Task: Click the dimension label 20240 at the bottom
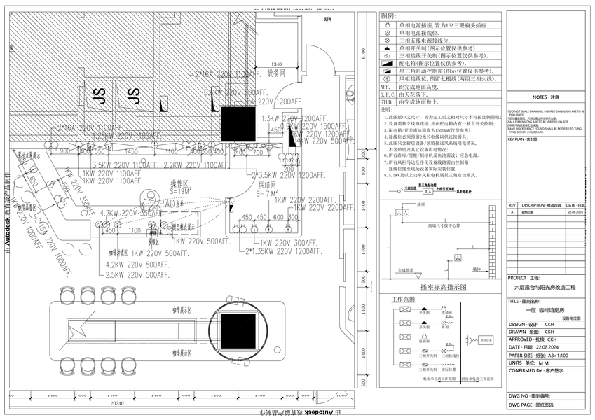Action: tap(118, 404)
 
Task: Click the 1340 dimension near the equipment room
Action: tap(276, 64)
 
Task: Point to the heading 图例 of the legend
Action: tap(389, 15)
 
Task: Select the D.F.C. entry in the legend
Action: tap(388, 94)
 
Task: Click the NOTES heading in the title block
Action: tap(545, 98)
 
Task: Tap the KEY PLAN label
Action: tap(522, 139)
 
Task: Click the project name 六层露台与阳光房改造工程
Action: tap(545, 287)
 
